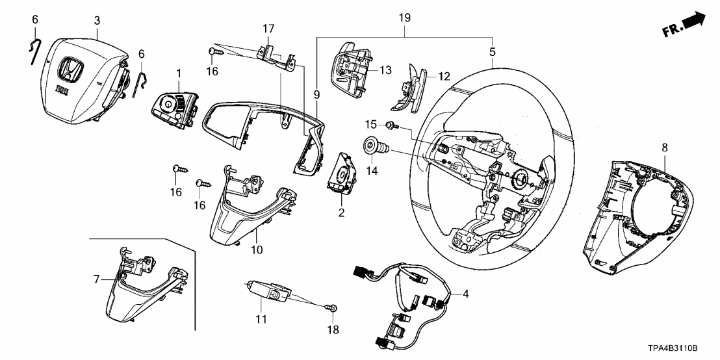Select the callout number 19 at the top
pyautogui.click(x=404, y=18)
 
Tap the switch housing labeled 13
pyautogui.click(x=351, y=67)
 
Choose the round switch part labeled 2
pyautogui.click(x=341, y=171)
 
